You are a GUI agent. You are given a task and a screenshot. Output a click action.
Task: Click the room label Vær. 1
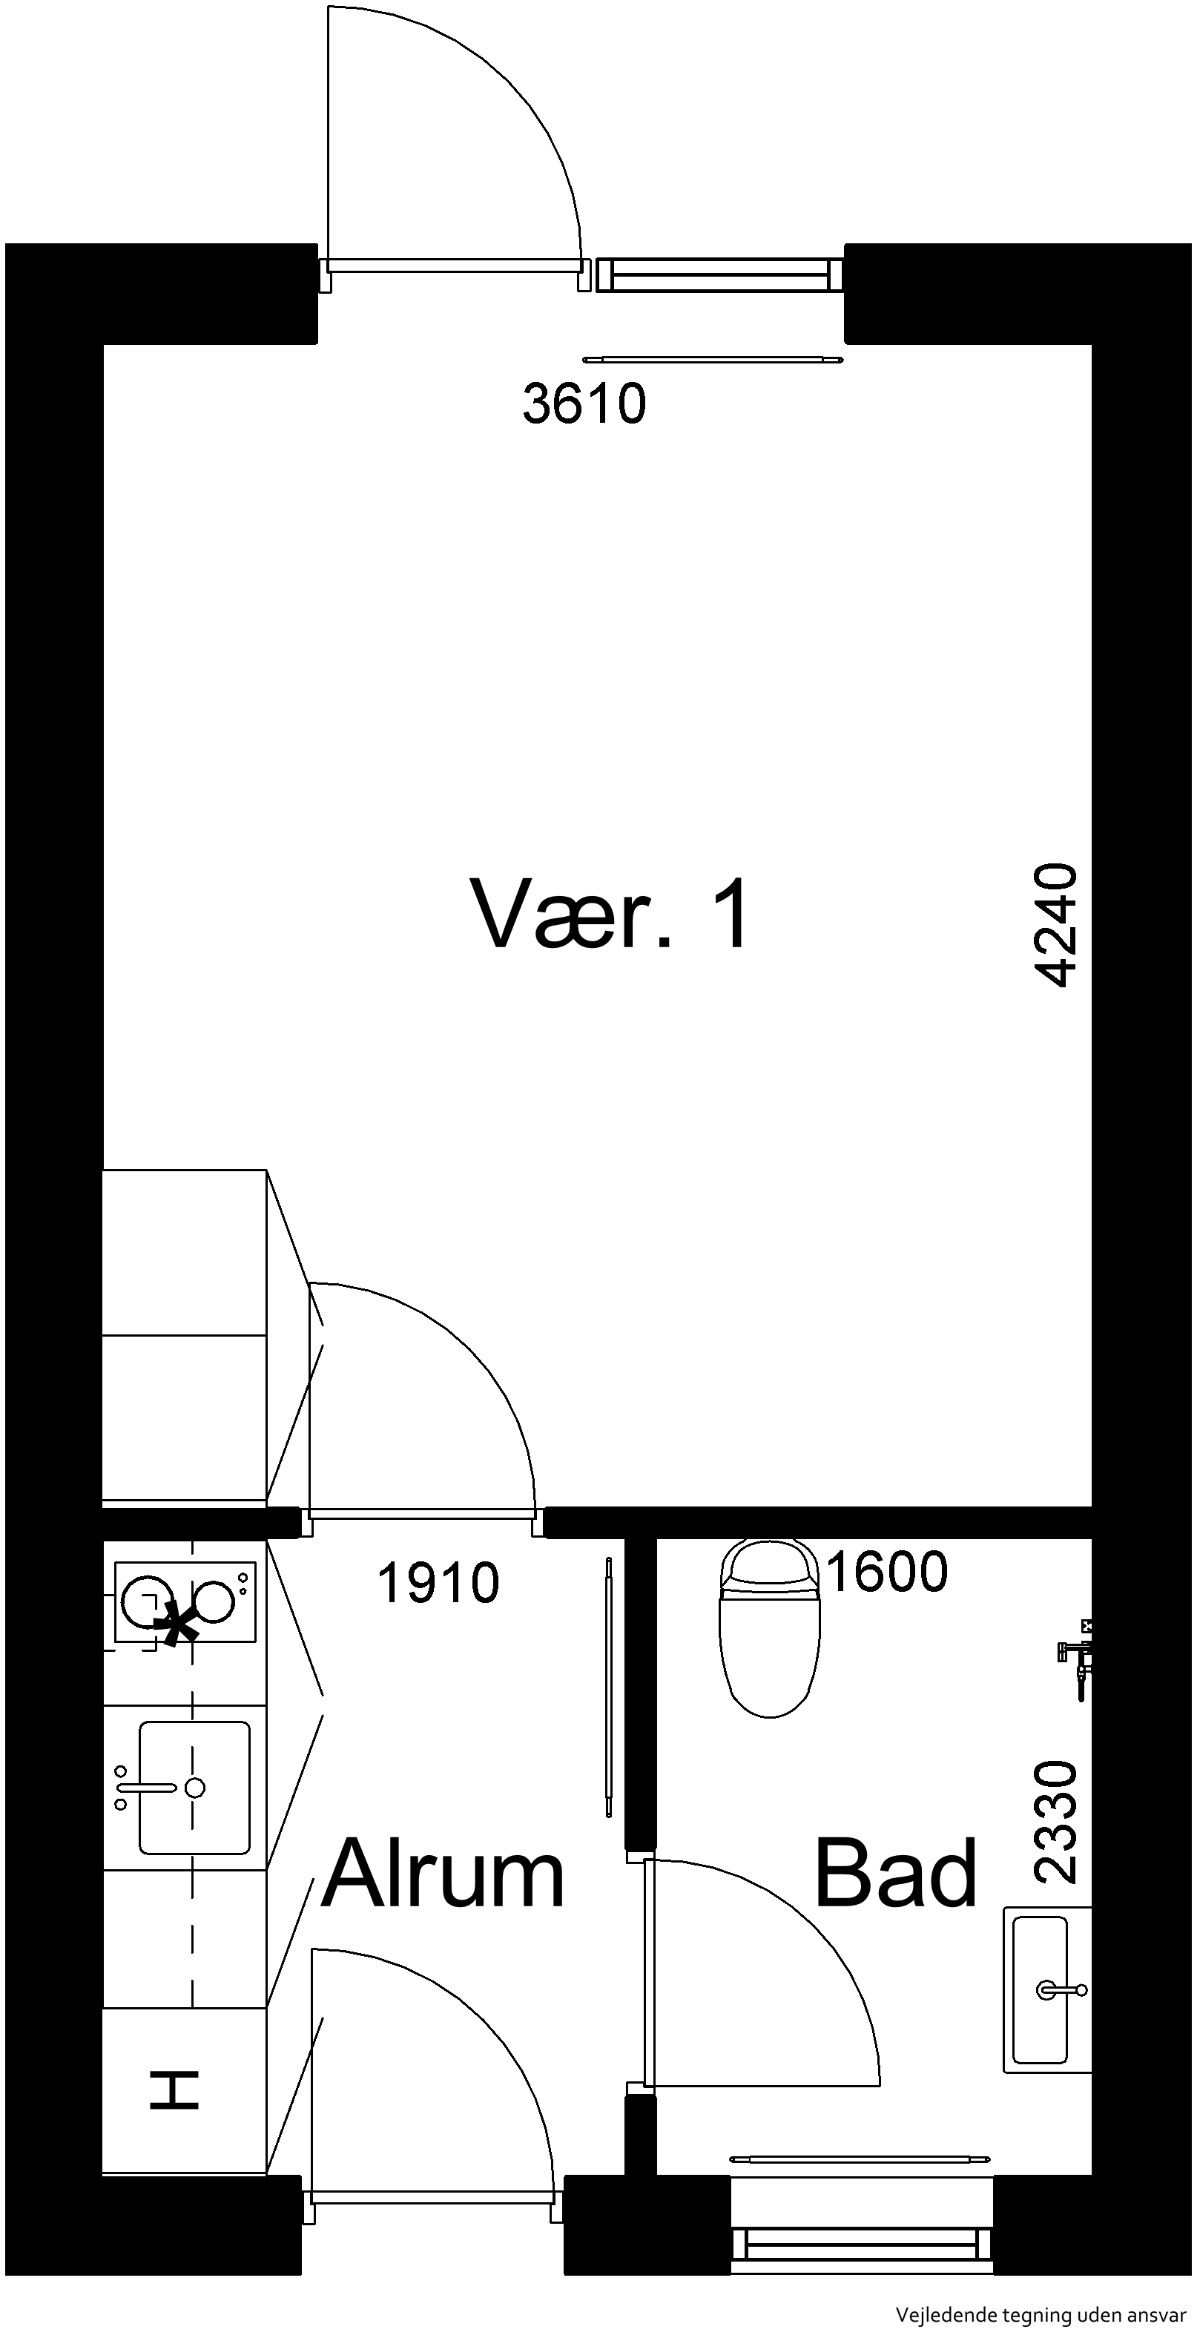tap(610, 915)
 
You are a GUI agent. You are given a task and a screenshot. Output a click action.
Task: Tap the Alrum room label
tap(443, 1874)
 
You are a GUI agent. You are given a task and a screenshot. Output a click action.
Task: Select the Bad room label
tap(896, 1874)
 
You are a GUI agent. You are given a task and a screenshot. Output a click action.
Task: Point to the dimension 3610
tap(584, 404)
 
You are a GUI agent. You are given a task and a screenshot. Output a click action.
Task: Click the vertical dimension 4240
tap(1055, 925)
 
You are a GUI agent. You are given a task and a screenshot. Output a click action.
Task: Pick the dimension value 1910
tap(438, 1583)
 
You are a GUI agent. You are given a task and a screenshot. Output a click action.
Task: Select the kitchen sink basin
tap(194, 1788)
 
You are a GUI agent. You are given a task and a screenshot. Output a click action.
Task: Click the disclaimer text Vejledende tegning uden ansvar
tap(1041, 2314)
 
